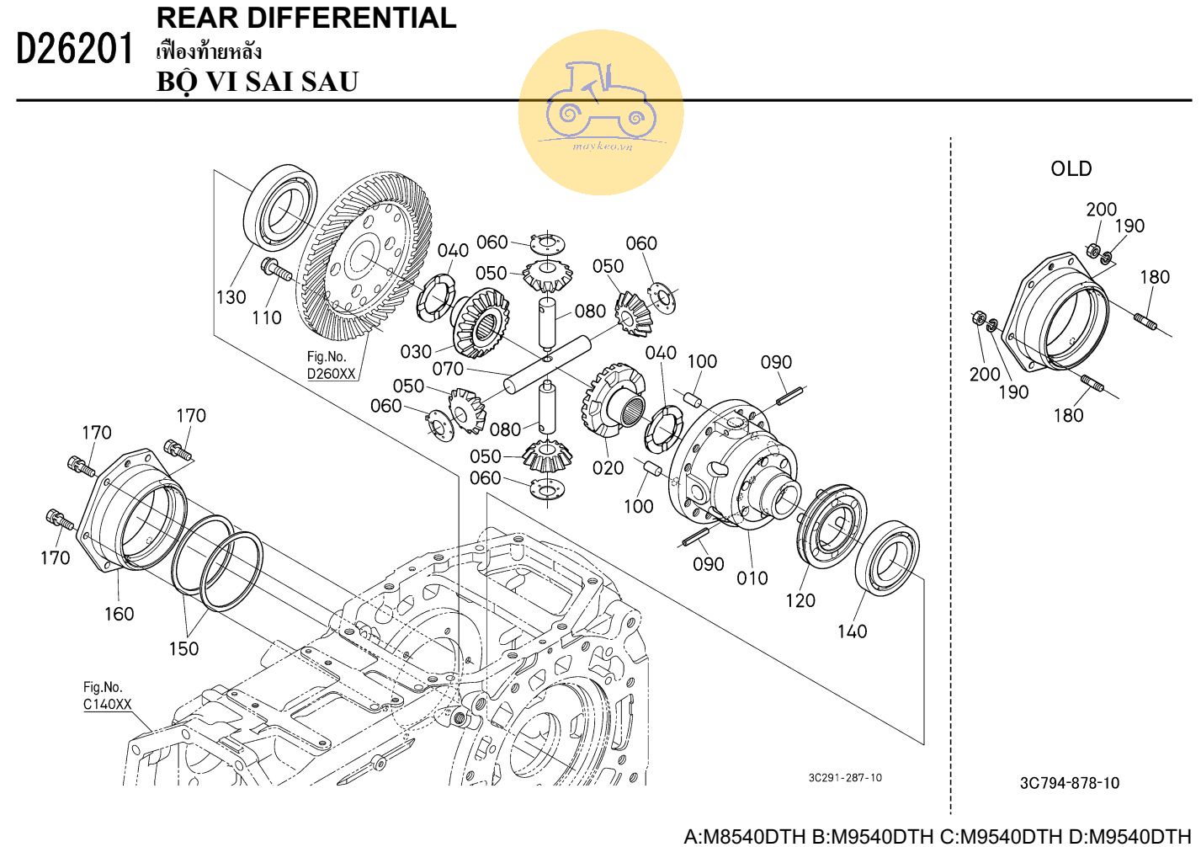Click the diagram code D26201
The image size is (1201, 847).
pyautogui.click(x=75, y=50)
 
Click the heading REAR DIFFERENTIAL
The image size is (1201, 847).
pyautogui.click(x=306, y=18)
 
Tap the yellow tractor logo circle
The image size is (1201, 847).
pyautogui.click(x=600, y=112)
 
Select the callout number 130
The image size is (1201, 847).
pyautogui.click(x=231, y=297)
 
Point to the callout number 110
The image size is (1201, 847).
pyautogui.click(x=267, y=317)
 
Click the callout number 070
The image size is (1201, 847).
pyautogui.click(x=448, y=369)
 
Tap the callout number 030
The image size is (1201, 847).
pyautogui.click(x=416, y=351)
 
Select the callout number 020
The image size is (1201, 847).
pyautogui.click(x=608, y=467)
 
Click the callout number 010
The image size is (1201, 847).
pyautogui.click(x=752, y=578)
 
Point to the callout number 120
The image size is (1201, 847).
pyautogui.click(x=800, y=599)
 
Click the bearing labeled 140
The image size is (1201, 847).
pyautogui.click(x=889, y=558)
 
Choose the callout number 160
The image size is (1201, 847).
pyautogui.click(x=119, y=614)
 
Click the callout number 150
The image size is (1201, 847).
pyautogui.click(x=183, y=648)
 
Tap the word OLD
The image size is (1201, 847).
pyautogui.click(x=1071, y=168)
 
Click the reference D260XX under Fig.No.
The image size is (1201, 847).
pyautogui.click(x=331, y=374)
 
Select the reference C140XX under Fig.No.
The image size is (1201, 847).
pyautogui.click(x=107, y=704)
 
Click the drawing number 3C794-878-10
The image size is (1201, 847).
pyautogui.click(x=1069, y=783)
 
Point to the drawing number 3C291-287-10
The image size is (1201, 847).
pyautogui.click(x=845, y=778)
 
